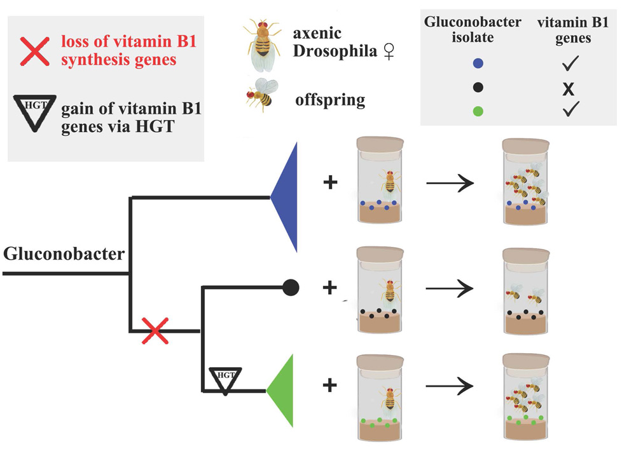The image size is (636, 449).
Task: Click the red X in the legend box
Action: pyautogui.click(x=35, y=51)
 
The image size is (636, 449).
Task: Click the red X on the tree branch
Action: pyautogui.click(x=155, y=331)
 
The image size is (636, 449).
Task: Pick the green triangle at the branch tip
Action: pyautogui.click(x=280, y=391)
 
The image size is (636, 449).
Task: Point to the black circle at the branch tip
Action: pyautogui.click(x=291, y=288)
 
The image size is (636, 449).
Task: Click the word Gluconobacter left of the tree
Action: pyautogui.click(x=64, y=254)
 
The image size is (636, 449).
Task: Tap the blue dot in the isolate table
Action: pyautogui.click(x=478, y=64)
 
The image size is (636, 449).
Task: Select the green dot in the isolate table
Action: pyautogui.click(x=478, y=111)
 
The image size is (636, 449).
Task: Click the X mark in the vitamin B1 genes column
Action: pyautogui.click(x=569, y=89)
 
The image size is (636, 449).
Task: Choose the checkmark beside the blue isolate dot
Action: pyautogui.click(x=570, y=63)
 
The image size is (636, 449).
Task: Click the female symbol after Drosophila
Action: pyautogui.click(x=389, y=51)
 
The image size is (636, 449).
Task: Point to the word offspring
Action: pyautogui.click(x=330, y=100)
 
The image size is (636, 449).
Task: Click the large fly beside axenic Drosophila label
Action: pyautogui.click(x=262, y=44)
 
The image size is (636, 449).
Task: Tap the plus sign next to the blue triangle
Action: pyautogui.click(x=330, y=182)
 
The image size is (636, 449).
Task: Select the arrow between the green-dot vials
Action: pyautogui.click(x=450, y=386)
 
